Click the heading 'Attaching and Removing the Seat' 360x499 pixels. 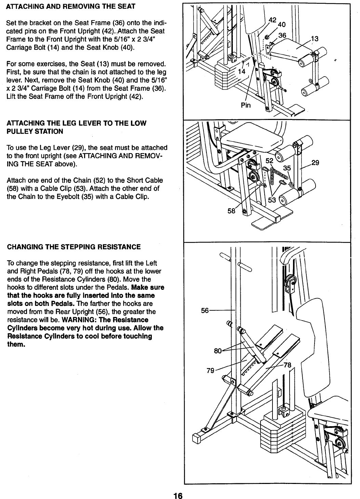(x=71, y=6)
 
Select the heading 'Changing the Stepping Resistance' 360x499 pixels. (x=74, y=247)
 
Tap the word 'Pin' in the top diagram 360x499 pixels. (x=245, y=105)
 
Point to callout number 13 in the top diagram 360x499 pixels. (x=314, y=39)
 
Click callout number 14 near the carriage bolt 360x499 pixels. (x=242, y=71)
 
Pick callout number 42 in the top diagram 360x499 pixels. (x=273, y=19)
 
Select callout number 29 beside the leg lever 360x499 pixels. (x=315, y=163)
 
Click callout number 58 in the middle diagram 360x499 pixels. (x=232, y=211)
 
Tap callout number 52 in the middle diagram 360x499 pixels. (x=270, y=160)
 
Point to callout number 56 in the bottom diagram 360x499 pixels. (x=205, y=310)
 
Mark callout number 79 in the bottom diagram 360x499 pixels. (x=210, y=370)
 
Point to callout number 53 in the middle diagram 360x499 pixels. (x=271, y=200)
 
